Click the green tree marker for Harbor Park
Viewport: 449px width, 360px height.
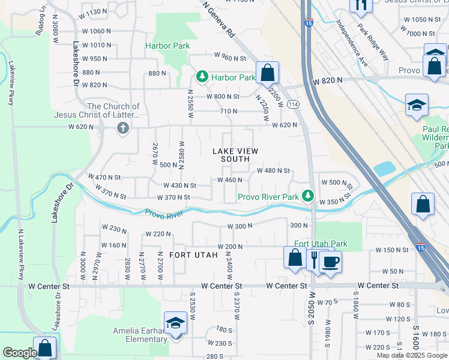203,77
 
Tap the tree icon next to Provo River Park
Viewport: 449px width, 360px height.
308,196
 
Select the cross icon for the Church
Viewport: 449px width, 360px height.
122,127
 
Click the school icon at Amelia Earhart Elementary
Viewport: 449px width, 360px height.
175,324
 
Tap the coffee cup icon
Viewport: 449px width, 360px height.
330,262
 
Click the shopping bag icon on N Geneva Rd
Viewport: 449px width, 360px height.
267,73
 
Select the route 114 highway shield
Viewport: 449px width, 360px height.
293,104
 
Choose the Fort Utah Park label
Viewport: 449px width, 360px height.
321,244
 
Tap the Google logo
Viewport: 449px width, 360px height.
20,353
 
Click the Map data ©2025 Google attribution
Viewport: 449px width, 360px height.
411,355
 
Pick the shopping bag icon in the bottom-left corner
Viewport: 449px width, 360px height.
45,348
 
